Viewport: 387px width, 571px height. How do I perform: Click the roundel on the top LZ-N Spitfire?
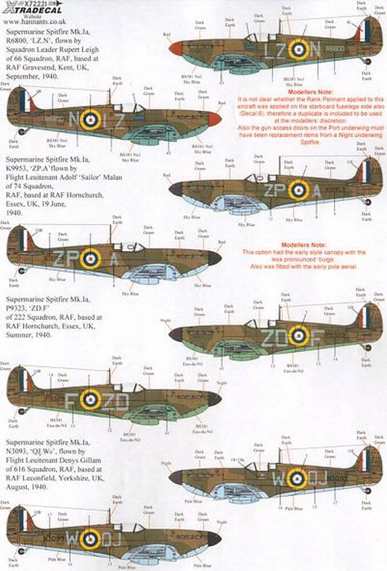click(298, 49)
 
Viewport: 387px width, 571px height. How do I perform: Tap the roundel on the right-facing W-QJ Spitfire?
click(298, 477)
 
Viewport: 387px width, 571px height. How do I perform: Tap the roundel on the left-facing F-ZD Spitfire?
click(90, 398)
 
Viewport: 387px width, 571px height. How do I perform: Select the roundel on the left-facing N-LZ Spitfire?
click(90, 119)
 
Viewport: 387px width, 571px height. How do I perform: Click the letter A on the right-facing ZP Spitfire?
click(318, 190)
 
